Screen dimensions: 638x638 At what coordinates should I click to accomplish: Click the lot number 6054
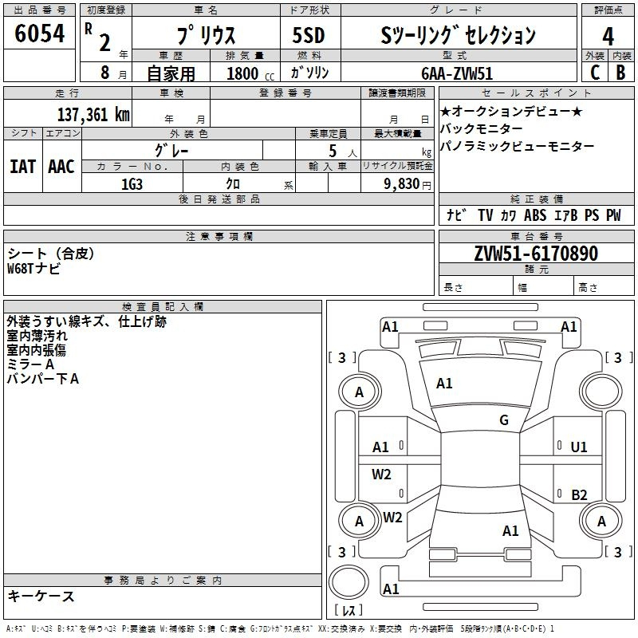pos(39,33)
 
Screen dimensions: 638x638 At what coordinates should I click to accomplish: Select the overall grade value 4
pos(608,37)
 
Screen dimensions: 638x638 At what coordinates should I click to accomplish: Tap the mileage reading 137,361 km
pos(93,114)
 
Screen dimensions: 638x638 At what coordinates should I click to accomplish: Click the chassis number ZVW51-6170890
pos(536,253)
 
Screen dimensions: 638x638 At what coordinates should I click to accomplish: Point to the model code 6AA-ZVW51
pos(456,73)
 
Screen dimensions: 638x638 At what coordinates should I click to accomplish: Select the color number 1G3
pos(132,184)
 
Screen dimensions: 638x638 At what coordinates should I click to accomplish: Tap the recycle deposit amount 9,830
pos(402,184)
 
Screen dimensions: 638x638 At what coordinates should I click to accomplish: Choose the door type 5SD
pos(309,35)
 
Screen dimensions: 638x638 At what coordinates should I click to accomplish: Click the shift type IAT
pos(23,167)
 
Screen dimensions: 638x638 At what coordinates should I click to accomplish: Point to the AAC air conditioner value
pos(61,167)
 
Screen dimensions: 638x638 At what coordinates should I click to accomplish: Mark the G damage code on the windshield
pos(504,420)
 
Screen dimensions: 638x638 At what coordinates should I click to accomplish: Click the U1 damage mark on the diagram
pos(579,447)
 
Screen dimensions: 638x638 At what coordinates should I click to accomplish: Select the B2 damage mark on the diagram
pos(579,494)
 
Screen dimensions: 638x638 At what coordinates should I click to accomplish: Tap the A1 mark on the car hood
pos(444,384)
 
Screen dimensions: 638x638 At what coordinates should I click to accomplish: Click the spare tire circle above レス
pos(349,582)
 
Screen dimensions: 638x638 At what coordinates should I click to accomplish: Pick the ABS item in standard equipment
pos(535,215)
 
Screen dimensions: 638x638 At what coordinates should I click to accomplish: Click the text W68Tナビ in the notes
pos(33,268)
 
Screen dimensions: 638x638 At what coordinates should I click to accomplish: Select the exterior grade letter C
pos(595,73)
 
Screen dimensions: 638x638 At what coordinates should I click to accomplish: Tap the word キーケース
pos(41,596)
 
